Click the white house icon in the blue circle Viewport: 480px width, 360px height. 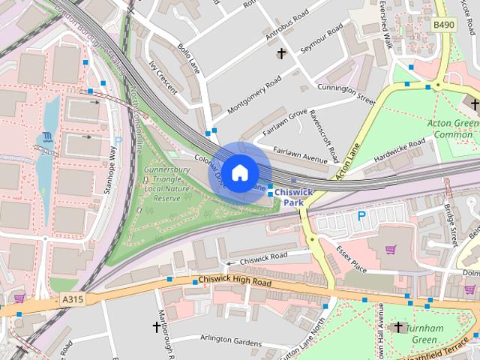(x=238, y=172)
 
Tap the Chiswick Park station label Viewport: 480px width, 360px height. (x=292, y=197)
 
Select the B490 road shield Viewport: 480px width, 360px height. (x=444, y=25)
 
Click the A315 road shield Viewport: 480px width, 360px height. (x=72, y=298)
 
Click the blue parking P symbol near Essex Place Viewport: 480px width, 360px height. (x=361, y=216)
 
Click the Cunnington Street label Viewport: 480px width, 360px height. (x=345, y=93)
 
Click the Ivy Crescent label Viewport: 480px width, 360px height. (x=163, y=77)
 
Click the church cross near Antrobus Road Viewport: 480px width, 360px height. (x=282, y=53)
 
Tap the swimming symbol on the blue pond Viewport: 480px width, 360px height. (x=47, y=136)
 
